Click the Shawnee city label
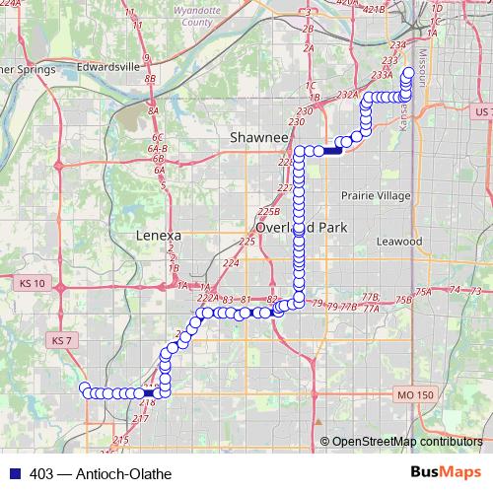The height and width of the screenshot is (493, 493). coord(258,137)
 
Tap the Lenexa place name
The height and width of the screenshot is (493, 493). coord(158,236)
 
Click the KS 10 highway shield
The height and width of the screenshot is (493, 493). coord(33,283)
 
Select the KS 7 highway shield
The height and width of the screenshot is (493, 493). coord(61,340)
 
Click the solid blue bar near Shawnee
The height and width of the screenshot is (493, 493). coord(331,150)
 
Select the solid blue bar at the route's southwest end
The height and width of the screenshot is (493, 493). coord(148,394)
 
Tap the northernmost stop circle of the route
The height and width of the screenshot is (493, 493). coord(408,73)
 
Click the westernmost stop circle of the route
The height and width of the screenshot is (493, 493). coord(85,387)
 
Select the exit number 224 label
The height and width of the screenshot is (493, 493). coord(232,263)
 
